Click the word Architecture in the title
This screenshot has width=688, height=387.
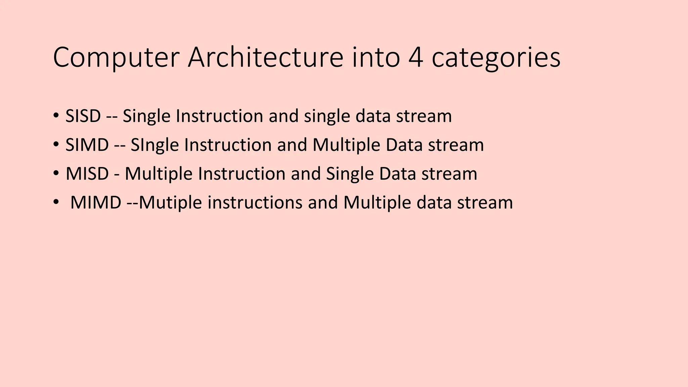point(265,58)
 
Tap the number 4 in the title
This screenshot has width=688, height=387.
point(416,58)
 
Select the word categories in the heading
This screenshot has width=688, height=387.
point(496,58)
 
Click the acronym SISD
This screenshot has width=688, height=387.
point(83,116)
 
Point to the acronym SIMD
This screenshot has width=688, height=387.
point(87,145)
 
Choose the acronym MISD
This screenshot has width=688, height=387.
point(87,174)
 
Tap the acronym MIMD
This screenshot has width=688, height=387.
point(96,203)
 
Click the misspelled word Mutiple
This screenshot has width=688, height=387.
point(170,203)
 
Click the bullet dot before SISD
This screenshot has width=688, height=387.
point(56,116)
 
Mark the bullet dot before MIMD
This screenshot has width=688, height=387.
point(56,203)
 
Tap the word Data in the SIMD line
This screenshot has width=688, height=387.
point(404,145)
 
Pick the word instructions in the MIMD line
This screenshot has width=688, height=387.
point(255,203)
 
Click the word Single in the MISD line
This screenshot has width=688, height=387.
point(350,174)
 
